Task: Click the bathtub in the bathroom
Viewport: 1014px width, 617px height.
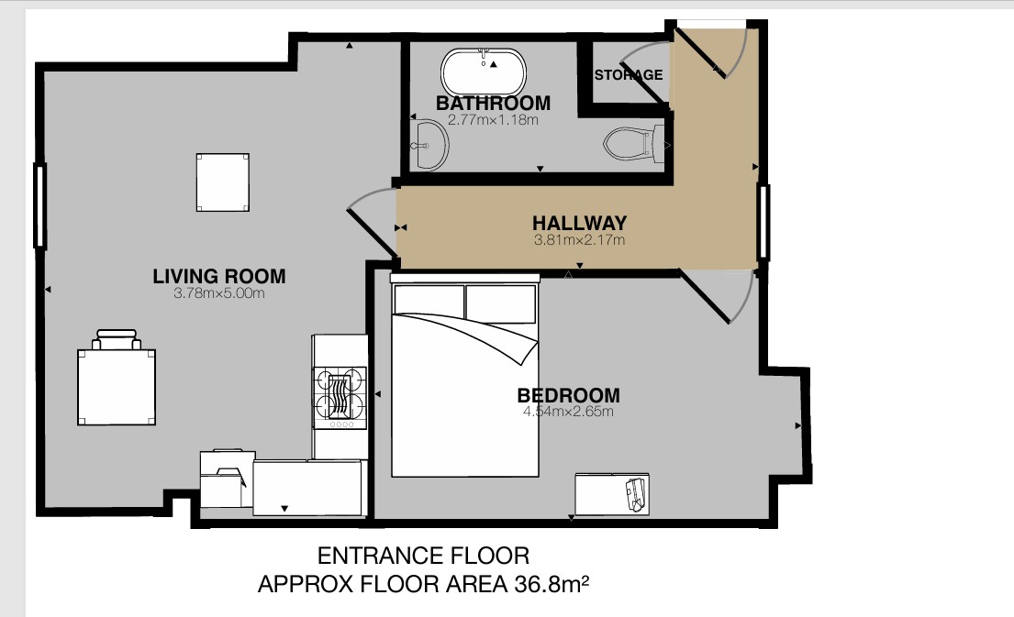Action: [x=484, y=72]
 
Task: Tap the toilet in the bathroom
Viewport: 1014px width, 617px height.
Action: [x=634, y=143]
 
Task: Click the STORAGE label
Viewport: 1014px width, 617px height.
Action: [x=629, y=75]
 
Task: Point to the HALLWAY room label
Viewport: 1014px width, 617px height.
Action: [x=579, y=223]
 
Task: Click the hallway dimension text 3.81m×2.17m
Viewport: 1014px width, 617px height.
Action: [x=579, y=240]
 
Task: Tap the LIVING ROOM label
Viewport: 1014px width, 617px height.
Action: [x=219, y=277]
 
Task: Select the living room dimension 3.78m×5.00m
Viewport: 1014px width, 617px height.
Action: [x=219, y=293]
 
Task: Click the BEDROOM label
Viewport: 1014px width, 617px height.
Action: [x=568, y=395]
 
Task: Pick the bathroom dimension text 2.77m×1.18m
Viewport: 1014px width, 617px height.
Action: [x=493, y=120]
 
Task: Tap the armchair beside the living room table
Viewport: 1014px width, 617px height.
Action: [x=117, y=339]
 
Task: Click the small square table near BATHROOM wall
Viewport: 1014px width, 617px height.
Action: [x=222, y=182]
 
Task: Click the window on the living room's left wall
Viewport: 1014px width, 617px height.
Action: [x=40, y=206]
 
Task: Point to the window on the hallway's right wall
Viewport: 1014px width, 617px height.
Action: [x=763, y=222]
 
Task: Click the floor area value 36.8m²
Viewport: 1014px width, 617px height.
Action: [x=552, y=584]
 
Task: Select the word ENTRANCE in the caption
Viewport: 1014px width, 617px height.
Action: [x=371, y=556]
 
